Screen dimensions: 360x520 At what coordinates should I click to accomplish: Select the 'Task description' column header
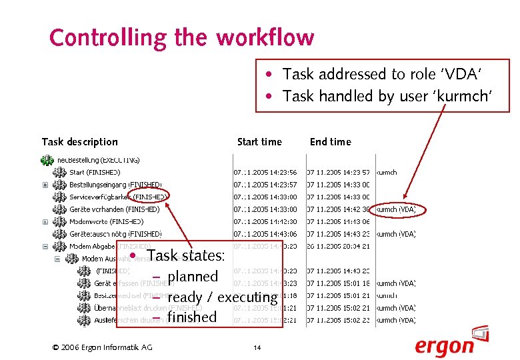[x=79, y=141]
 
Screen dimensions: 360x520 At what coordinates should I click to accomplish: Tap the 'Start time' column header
[x=259, y=141]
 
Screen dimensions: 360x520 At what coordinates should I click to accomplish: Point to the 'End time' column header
[x=330, y=141]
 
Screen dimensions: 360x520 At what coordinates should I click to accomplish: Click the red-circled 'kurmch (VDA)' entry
[x=396, y=209]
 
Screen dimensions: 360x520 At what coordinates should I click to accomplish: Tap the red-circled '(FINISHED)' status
[x=150, y=197]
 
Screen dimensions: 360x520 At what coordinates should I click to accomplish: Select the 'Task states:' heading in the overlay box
[x=186, y=255]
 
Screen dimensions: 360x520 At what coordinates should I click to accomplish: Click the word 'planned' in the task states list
[x=193, y=276]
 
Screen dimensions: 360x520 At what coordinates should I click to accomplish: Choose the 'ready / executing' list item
[x=222, y=297]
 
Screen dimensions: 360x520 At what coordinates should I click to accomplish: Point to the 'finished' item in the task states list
[x=192, y=317]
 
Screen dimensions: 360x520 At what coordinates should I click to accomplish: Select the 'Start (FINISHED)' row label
[x=95, y=172]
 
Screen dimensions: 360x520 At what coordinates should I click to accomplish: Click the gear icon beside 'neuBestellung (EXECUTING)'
[x=47, y=160]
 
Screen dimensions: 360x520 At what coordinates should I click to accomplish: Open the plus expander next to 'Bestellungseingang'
[x=45, y=185]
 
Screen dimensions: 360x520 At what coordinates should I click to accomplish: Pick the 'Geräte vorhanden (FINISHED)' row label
[x=114, y=209]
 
